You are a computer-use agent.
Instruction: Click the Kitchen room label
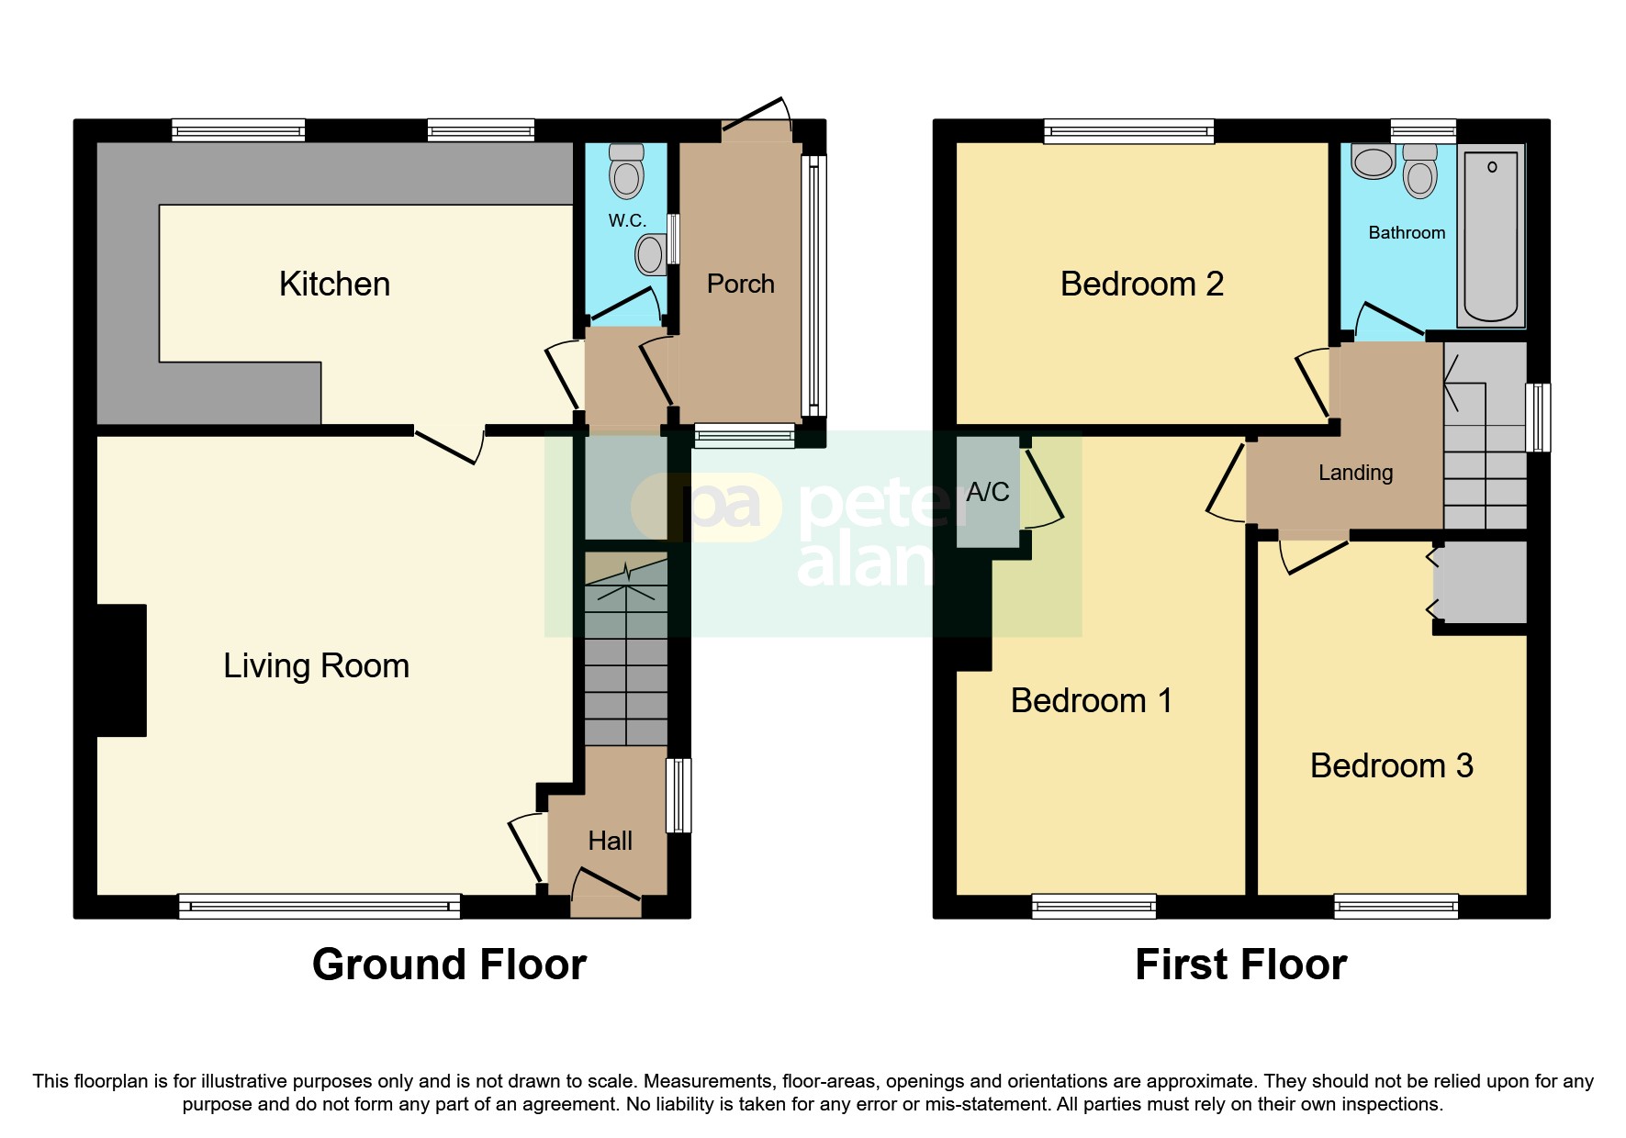pyautogui.click(x=334, y=284)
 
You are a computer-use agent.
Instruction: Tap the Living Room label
pyautogui.click(x=316, y=665)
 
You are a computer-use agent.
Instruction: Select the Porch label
pyautogui.click(x=740, y=284)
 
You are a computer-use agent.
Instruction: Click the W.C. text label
pyautogui.click(x=627, y=220)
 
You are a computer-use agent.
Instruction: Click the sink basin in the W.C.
pyautogui.click(x=650, y=254)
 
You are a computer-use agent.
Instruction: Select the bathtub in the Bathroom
pyautogui.click(x=1491, y=237)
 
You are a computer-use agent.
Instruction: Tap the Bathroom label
pyautogui.click(x=1406, y=232)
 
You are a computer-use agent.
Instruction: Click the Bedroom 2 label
pyautogui.click(x=1141, y=284)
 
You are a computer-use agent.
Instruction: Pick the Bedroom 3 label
pyautogui.click(x=1391, y=765)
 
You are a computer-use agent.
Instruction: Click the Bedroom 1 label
pyautogui.click(x=1091, y=700)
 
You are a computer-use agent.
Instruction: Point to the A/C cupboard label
pyautogui.click(x=987, y=492)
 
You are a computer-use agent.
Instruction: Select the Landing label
pyautogui.click(x=1355, y=473)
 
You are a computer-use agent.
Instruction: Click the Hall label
pyautogui.click(x=610, y=841)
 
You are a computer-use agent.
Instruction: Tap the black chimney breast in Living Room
pyautogui.click(x=121, y=670)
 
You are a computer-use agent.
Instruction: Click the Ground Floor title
pyautogui.click(x=449, y=965)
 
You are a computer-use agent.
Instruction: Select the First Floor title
pyautogui.click(x=1240, y=965)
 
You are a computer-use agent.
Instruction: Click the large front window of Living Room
pyautogui.click(x=319, y=906)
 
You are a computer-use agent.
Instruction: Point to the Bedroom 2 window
pyautogui.click(x=1128, y=131)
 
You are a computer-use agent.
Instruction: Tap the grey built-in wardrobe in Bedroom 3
pyautogui.click(x=1480, y=582)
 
